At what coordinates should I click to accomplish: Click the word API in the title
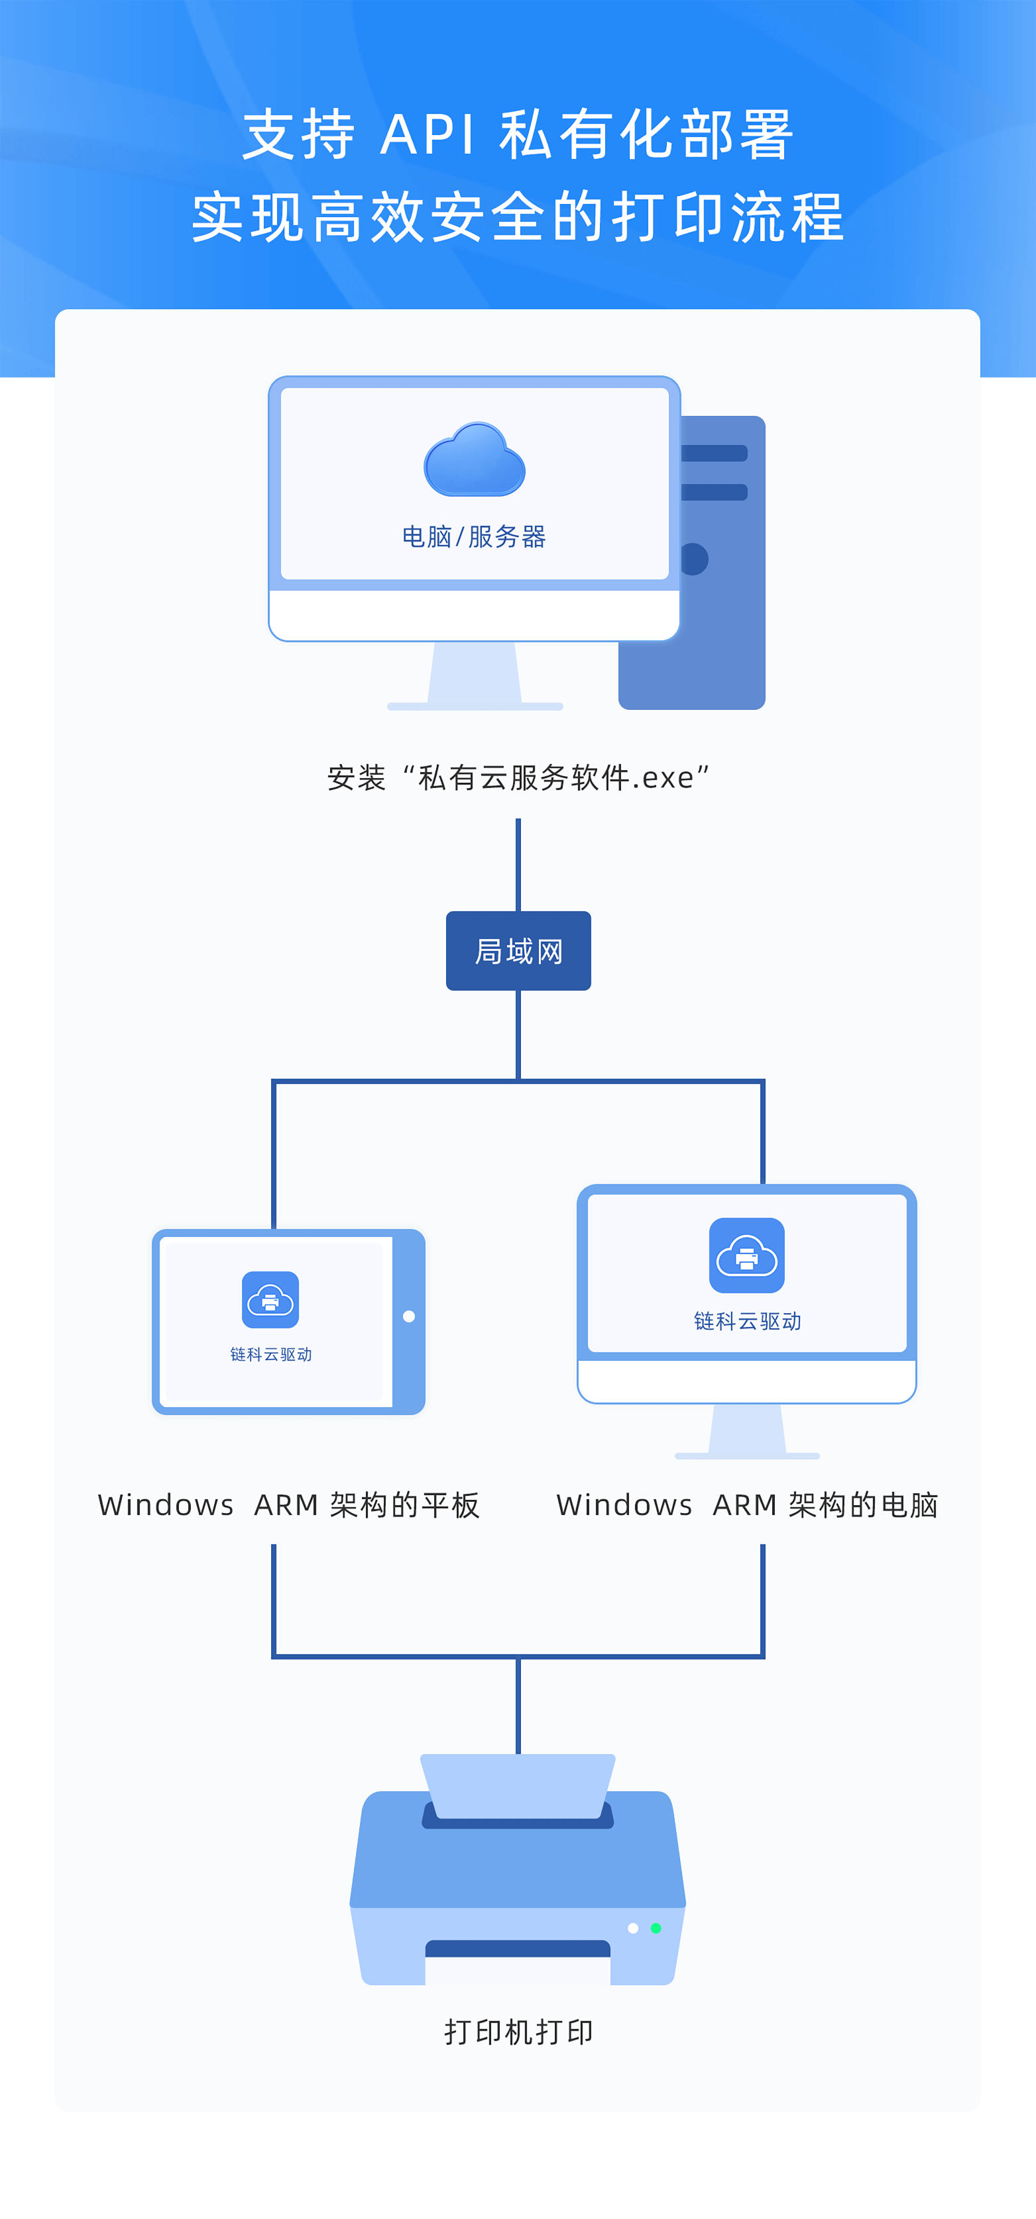pyautogui.click(x=427, y=135)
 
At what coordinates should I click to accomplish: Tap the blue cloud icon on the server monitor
pyautogui.click(x=475, y=460)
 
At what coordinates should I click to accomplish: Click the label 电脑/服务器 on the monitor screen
pyautogui.click(x=474, y=536)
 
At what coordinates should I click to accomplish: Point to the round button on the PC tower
pyautogui.click(x=695, y=559)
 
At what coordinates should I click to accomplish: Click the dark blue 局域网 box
pyautogui.click(x=518, y=951)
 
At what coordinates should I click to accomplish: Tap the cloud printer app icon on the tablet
pyautogui.click(x=270, y=1299)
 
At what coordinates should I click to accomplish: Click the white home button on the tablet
pyautogui.click(x=408, y=1316)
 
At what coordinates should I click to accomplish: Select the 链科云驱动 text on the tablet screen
pyautogui.click(x=270, y=1354)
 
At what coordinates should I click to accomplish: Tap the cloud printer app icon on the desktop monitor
pyautogui.click(x=746, y=1255)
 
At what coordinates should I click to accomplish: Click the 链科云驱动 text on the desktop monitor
pyautogui.click(x=747, y=1322)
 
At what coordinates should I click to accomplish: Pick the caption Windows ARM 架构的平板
pyautogui.click(x=289, y=1505)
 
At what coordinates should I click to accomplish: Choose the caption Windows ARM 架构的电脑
pyautogui.click(x=747, y=1505)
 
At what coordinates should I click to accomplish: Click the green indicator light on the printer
pyautogui.click(x=656, y=1928)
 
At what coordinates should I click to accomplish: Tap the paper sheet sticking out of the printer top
pyautogui.click(x=518, y=1783)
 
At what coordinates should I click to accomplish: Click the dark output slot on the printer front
pyautogui.click(x=518, y=1949)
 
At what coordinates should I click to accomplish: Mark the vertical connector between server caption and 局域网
pyautogui.click(x=518, y=864)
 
